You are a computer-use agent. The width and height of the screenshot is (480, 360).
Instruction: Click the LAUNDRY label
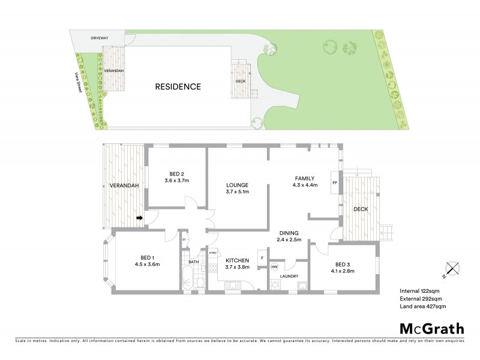point(290,277)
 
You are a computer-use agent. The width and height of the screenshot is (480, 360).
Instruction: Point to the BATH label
point(193,262)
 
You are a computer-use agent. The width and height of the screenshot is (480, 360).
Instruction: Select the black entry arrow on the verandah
point(140,218)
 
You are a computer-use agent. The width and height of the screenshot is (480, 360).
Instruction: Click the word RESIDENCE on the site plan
point(178,86)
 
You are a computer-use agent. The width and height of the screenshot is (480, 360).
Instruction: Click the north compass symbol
point(451,269)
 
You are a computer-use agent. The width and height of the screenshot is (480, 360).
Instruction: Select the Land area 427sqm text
point(423,306)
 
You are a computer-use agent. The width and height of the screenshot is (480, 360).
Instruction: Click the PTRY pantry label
point(212,253)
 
